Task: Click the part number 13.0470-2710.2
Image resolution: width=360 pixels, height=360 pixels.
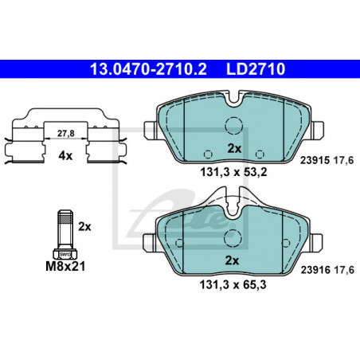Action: (x=148, y=69)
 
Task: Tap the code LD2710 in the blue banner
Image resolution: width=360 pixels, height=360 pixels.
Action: (x=256, y=69)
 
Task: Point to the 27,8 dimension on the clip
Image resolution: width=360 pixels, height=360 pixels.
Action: (x=66, y=133)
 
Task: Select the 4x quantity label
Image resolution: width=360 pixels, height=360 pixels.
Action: (x=65, y=156)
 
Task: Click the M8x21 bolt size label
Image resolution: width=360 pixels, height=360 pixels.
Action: (x=65, y=266)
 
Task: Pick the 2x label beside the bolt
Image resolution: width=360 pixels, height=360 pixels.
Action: (x=84, y=227)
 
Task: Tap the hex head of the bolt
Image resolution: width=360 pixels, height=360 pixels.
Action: (x=65, y=254)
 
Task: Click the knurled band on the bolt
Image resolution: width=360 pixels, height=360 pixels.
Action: (x=65, y=219)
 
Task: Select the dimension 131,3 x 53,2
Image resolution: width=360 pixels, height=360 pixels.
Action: (x=233, y=173)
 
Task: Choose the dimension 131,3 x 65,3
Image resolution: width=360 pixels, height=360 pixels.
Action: (x=233, y=285)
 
